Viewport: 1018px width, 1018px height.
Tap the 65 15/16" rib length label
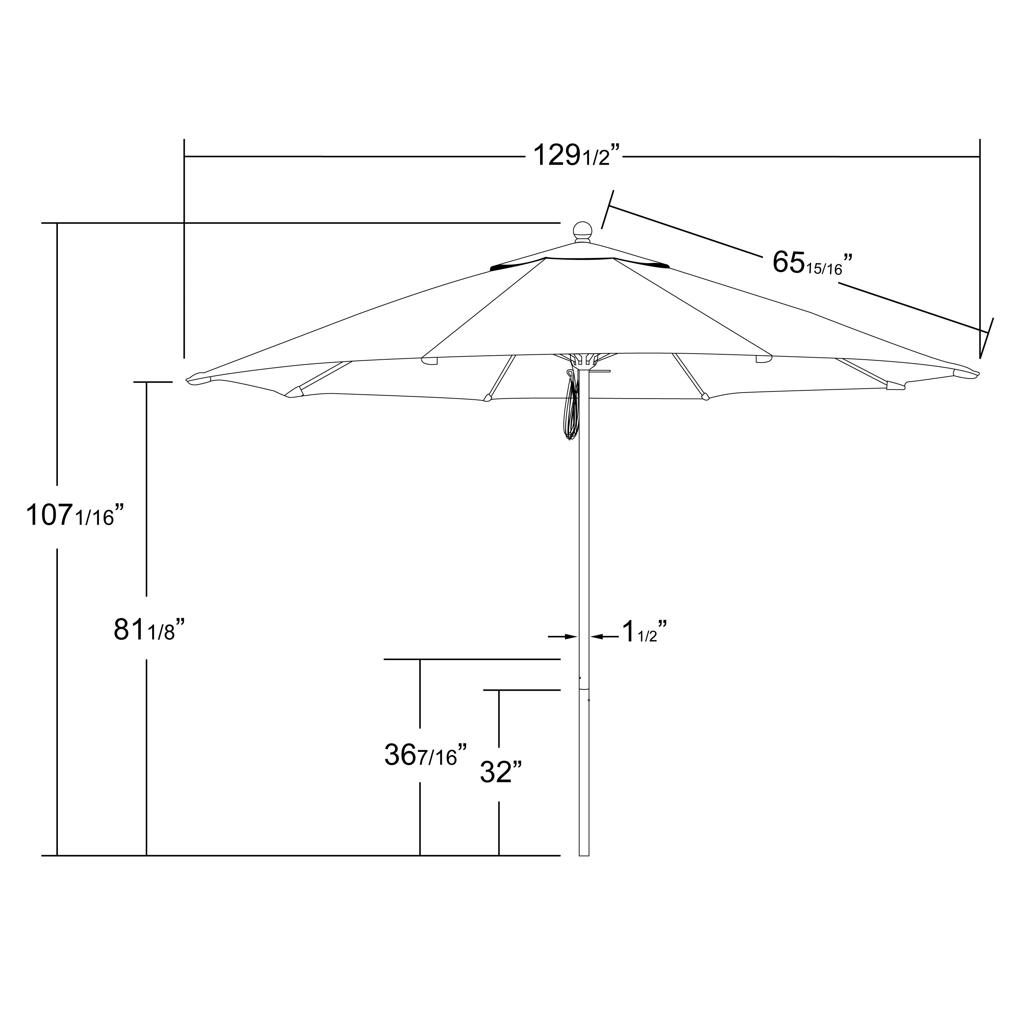coord(812,263)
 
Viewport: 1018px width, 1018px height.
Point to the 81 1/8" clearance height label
coord(149,630)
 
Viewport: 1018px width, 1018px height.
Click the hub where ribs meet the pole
coord(583,360)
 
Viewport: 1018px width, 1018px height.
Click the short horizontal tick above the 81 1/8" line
coord(153,382)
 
